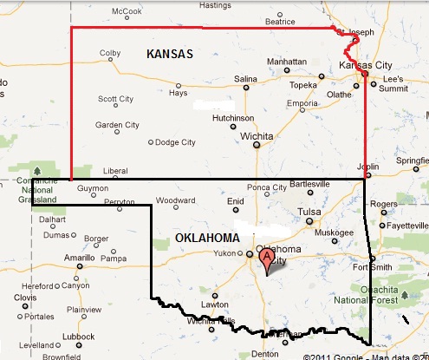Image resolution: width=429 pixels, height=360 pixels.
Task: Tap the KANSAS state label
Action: (170, 54)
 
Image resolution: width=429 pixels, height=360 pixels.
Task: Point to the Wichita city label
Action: (257, 136)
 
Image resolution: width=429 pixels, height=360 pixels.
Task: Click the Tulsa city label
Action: (309, 212)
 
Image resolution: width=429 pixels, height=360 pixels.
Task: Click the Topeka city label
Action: (302, 86)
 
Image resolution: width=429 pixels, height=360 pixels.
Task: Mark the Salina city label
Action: (246, 79)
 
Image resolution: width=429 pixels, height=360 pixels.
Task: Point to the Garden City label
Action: (117, 125)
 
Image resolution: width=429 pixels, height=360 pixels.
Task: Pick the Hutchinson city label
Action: (233, 117)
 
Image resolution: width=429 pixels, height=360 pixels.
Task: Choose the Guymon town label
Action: (93, 188)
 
